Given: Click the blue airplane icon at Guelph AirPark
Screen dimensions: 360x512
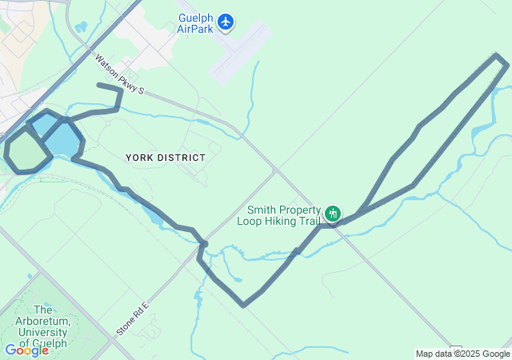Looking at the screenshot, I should point(226,22).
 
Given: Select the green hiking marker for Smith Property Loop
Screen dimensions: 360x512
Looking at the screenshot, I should point(333,214).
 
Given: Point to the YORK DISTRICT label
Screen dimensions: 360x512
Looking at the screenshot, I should point(166,158).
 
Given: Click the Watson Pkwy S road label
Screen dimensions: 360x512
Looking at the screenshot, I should point(118,74).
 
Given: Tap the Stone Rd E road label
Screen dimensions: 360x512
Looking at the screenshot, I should point(133,318).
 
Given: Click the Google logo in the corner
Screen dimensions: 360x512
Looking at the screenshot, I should point(26,350).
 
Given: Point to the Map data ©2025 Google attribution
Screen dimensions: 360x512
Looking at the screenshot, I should point(462,354).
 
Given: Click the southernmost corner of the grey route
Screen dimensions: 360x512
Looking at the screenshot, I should point(243,304).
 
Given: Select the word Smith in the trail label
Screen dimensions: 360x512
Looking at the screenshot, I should point(262,210).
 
